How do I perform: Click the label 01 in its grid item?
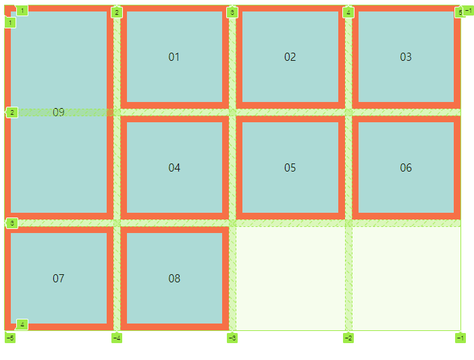tap(174, 57)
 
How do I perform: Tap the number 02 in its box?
tap(290, 57)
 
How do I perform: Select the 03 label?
tap(405, 57)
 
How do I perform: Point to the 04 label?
tap(174, 168)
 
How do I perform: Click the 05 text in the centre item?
tap(290, 168)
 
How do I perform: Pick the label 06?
tap(405, 168)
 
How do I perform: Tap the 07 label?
tap(59, 278)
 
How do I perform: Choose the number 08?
tap(174, 278)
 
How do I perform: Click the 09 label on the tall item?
tap(59, 112)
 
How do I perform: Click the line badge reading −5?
tap(10, 338)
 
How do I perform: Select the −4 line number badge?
tap(117, 338)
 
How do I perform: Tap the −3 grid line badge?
tap(232, 338)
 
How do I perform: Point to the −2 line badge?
tap(348, 338)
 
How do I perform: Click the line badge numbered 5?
tap(460, 12)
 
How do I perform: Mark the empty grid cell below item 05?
tap(290, 278)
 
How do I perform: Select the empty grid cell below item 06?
tap(406, 278)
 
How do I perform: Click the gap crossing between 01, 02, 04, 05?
tap(232, 112)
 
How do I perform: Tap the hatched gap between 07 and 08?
tap(117, 278)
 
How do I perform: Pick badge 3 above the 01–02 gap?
tap(232, 12)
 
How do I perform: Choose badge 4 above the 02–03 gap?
tap(348, 12)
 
